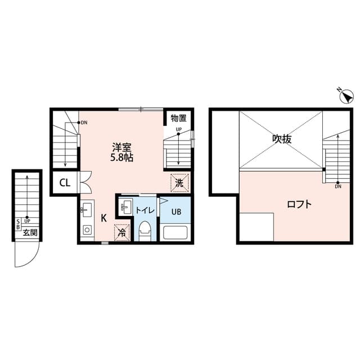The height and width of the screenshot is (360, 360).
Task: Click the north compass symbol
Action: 345,96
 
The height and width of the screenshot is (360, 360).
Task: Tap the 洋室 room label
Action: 122,147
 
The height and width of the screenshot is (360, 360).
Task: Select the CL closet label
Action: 65,183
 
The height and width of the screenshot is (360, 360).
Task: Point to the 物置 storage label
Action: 178,118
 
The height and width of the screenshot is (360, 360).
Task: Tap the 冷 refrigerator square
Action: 121,232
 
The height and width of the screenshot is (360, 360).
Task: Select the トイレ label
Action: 145,210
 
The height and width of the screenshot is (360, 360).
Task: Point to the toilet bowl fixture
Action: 145,230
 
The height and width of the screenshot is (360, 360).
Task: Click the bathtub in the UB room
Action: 175,233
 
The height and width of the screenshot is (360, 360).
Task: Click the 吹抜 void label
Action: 281,139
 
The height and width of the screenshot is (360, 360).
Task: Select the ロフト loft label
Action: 299,204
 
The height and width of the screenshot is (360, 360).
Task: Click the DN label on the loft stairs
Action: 337,187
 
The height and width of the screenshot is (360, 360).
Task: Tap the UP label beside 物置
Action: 178,130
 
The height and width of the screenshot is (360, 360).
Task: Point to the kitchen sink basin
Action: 86,211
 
